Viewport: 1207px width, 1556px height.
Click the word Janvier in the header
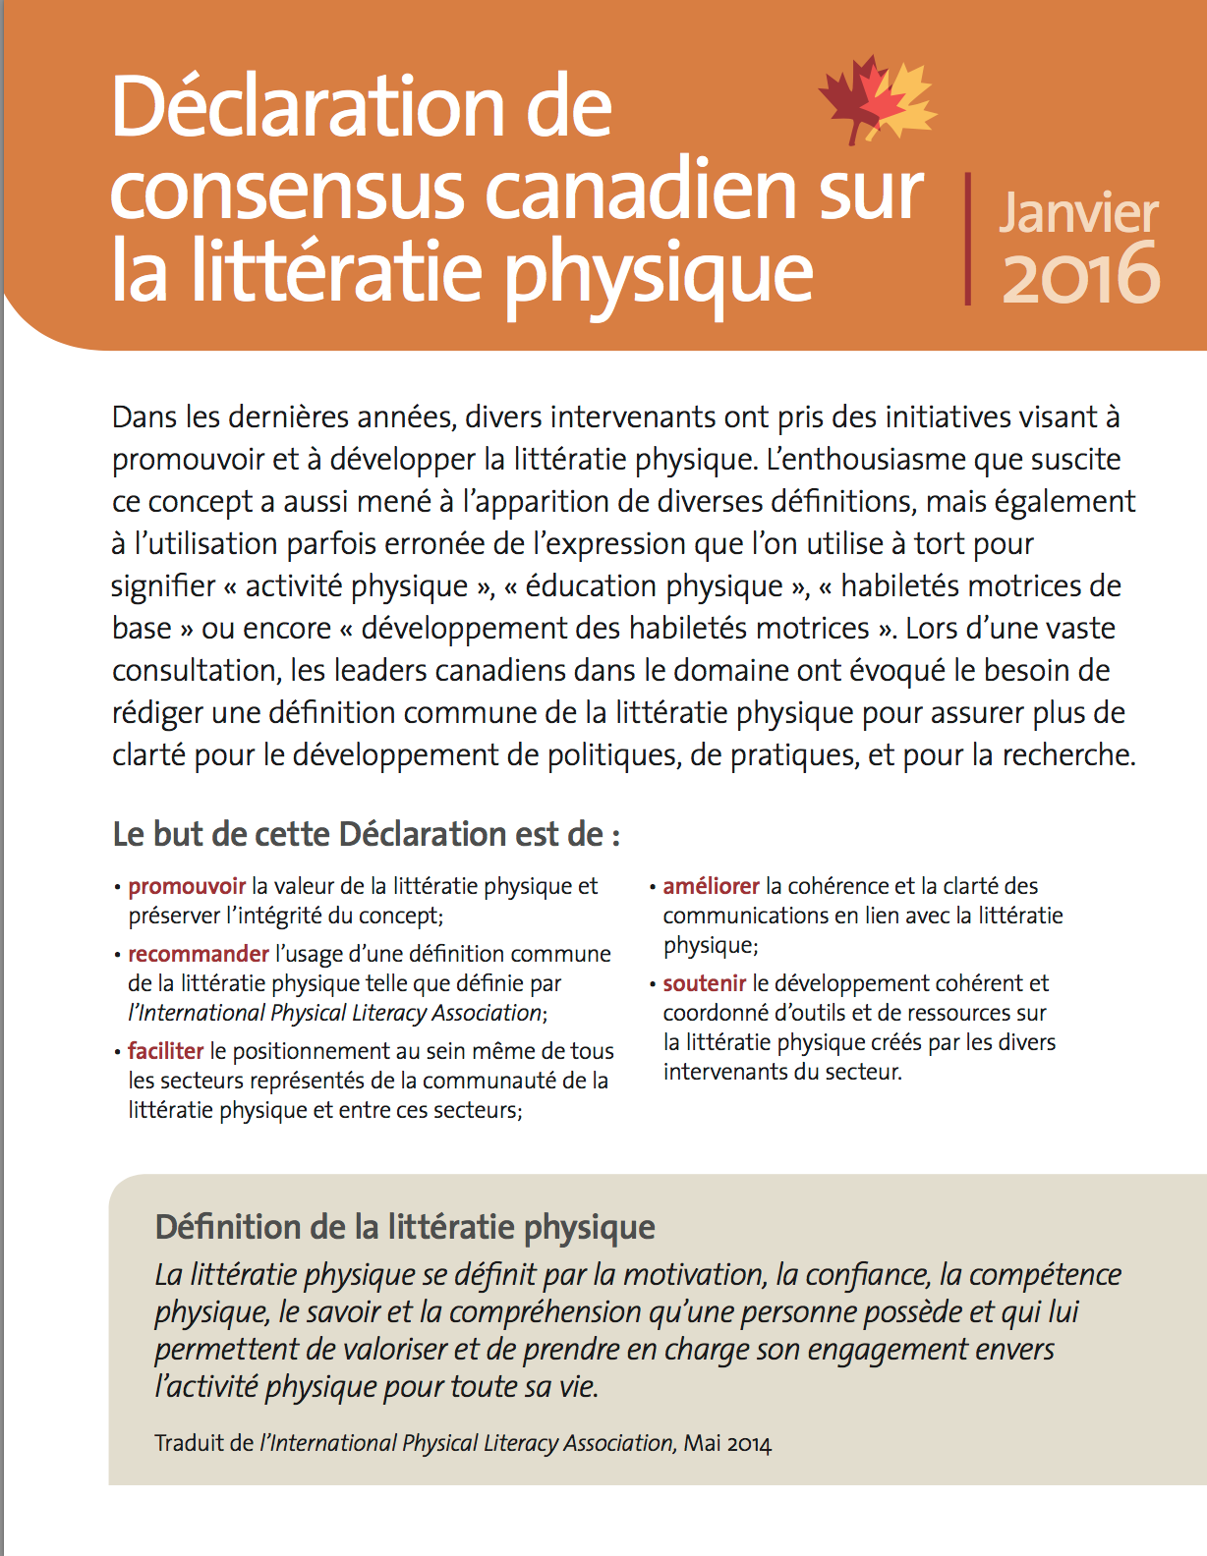(1078, 213)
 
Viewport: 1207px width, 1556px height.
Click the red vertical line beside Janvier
(968, 239)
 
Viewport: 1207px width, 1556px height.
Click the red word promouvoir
(187, 886)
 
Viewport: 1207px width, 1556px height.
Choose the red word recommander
(199, 954)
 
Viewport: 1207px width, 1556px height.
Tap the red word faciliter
(165, 1051)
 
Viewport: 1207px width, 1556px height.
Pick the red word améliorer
(711, 886)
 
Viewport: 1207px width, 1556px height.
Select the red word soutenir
(704, 983)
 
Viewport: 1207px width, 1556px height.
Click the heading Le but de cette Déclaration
(366, 834)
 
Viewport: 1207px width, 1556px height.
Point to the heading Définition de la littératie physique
(405, 1227)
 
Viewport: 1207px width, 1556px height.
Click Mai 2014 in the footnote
(727, 1443)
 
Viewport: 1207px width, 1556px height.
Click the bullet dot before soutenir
(653, 984)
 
